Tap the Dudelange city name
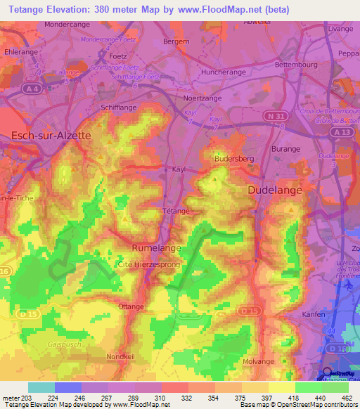tap(274, 190)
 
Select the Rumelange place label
tap(157, 247)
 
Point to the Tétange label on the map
tap(176, 211)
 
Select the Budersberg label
tap(233, 159)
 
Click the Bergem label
tap(176, 41)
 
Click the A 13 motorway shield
tap(342, 132)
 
